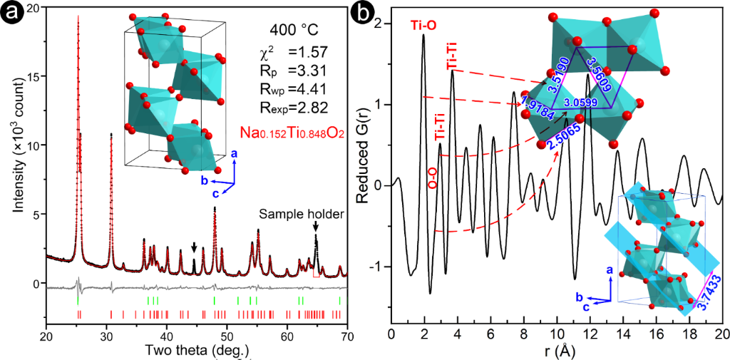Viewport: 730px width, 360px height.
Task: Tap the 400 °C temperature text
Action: (x=294, y=31)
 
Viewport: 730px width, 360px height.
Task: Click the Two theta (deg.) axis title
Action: (x=197, y=350)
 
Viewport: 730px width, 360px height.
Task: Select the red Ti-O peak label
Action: (x=423, y=26)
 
